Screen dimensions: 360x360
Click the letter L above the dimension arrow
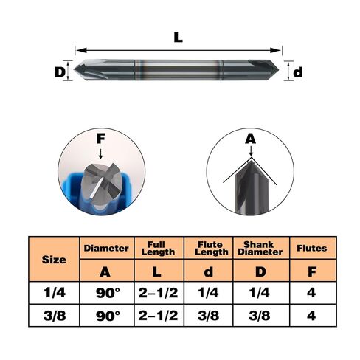point(179,38)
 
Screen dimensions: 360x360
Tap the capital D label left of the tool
point(60,72)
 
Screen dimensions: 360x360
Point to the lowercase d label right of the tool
point(297,72)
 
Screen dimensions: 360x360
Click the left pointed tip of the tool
point(75,69)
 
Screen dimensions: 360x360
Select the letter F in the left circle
point(101,139)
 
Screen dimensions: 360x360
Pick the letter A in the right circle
point(251,139)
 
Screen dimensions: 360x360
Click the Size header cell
point(54,259)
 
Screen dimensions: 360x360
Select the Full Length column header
point(159,248)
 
